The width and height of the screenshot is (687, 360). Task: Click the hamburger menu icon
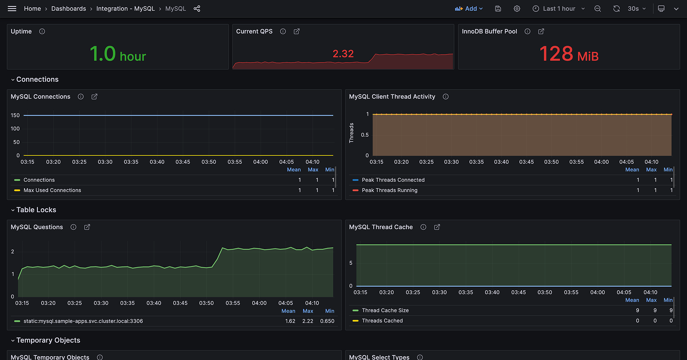(12, 8)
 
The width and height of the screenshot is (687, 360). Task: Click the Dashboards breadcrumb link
(69, 8)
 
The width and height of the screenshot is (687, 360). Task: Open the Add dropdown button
(469, 8)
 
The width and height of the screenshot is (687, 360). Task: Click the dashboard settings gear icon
(517, 8)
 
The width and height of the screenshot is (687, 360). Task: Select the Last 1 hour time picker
(559, 8)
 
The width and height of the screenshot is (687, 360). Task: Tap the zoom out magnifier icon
(598, 8)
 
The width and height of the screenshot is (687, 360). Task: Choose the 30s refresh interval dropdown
(637, 8)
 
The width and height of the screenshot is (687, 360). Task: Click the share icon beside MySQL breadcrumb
(197, 8)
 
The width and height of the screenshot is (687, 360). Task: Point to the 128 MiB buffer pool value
(569, 54)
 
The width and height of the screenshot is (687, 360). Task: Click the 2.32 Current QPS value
(343, 54)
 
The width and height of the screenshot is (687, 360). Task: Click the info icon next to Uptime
(42, 31)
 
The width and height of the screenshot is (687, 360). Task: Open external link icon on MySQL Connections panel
(94, 97)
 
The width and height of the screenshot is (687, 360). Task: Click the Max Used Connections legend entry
(52, 190)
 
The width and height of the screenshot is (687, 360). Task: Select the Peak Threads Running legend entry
(389, 190)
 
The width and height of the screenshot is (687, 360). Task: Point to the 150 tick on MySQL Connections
(15, 115)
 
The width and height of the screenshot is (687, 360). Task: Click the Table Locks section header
(36, 210)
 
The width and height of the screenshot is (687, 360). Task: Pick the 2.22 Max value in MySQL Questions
(308, 321)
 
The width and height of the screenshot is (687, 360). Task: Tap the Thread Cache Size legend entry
(385, 310)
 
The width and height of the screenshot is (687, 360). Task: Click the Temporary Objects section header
(48, 340)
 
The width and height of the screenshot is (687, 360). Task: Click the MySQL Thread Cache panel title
(381, 227)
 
